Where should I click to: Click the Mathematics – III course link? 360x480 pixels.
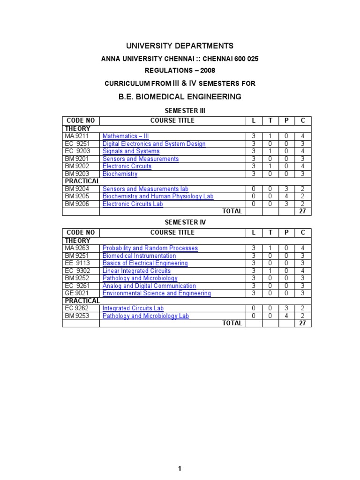click(126, 136)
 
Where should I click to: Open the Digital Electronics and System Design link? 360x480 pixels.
click(154, 144)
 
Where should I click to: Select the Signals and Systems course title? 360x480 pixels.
click(131, 151)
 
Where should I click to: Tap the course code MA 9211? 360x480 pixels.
click(77, 136)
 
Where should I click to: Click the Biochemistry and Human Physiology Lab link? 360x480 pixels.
click(157, 196)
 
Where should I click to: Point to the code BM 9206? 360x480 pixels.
click(77, 204)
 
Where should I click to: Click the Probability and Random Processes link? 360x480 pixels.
click(150, 248)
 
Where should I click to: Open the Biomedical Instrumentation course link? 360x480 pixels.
click(139, 256)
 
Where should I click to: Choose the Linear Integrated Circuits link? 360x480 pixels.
click(136, 271)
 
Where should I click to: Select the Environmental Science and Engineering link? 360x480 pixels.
click(157, 293)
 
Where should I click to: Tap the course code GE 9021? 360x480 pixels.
click(77, 293)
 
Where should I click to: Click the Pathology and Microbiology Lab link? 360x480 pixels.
click(146, 316)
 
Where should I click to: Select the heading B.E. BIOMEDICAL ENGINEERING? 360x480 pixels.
click(180, 97)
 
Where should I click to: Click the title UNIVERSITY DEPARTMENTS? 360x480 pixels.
click(180, 46)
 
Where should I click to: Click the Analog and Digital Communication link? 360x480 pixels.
click(149, 286)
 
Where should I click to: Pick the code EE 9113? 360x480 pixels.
click(77, 263)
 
